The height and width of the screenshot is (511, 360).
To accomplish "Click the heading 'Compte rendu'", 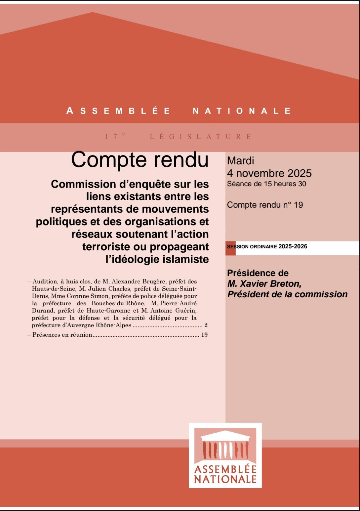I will tap(140, 160).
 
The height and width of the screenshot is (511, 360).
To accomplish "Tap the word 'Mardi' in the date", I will tap(240, 161).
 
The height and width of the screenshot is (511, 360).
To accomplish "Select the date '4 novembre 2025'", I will tap(269, 173).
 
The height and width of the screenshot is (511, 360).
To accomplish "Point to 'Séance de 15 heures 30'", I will tap(266, 184).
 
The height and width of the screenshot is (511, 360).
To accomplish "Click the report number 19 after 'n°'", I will tap(298, 205).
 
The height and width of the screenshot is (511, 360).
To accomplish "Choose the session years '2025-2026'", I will tap(293, 246).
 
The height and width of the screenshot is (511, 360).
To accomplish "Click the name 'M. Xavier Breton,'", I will tap(264, 284).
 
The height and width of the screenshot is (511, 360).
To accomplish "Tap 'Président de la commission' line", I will tap(287, 294).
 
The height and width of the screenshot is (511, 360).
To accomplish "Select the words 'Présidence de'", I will tap(258, 273).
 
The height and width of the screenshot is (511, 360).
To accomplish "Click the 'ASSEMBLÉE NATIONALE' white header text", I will tap(179, 111).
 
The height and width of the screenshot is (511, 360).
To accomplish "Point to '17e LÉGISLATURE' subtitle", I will tap(179, 137).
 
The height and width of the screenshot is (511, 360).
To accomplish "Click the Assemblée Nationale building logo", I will tap(225, 455).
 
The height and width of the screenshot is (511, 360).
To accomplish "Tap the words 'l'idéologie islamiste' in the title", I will tap(157, 259).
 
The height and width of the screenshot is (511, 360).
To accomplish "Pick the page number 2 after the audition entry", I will tap(206, 325).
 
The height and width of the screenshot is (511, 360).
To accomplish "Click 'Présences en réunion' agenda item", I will tap(62, 335).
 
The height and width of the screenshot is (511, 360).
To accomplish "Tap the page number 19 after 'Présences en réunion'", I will tap(204, 335).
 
